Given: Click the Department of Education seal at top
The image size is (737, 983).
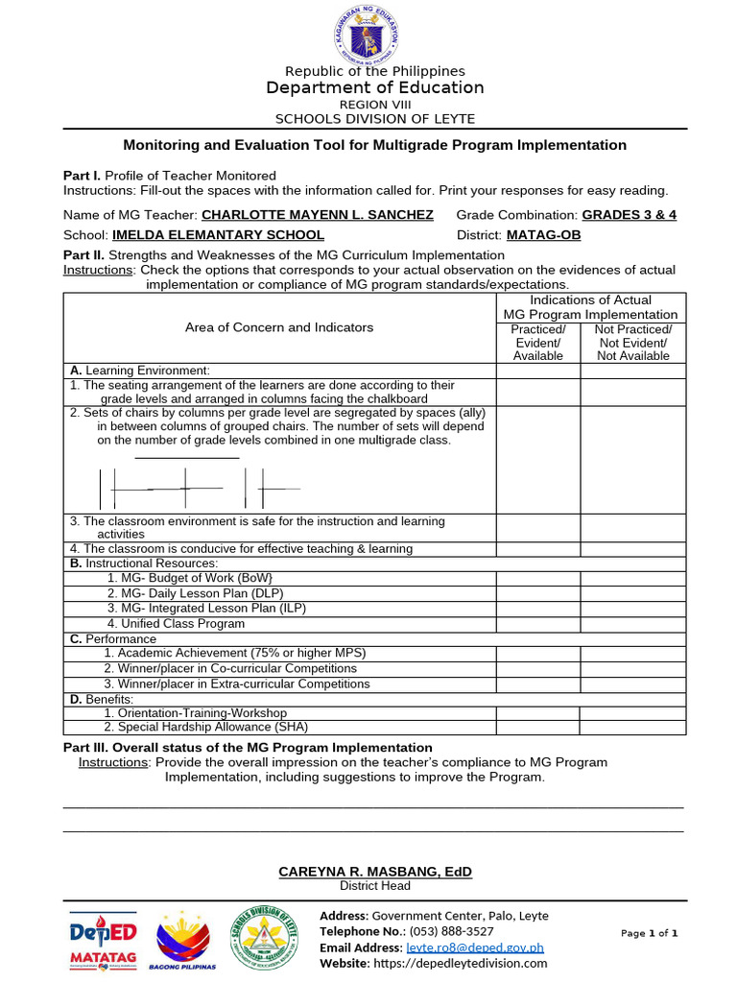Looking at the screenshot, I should pyautogui.click(x=368, y=34).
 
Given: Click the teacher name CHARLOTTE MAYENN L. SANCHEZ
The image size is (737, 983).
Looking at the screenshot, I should pyautogui.click(x=318, y=215).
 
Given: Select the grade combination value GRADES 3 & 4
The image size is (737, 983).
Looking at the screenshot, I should pyautogui.click(x=629, y=215).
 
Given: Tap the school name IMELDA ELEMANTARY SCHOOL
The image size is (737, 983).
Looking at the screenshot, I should pyautogui.click(x=218, y=235).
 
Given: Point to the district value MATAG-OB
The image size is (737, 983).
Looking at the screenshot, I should pyautogui.click(x=543, y=235).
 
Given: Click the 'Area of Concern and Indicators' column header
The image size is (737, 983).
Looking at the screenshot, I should pyautogui.click(x=279, y=327).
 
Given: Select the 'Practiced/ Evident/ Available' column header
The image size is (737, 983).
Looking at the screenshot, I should pyautogui.click(x=537, y=343).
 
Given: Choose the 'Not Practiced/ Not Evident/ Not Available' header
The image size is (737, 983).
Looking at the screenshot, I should pyautogui.click(x=633, y=343).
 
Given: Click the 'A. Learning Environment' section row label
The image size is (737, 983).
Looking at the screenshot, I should pyautogui.click(x=139, y=371).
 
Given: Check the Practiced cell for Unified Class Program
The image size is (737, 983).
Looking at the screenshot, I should pyautogui.click(x=537, y=624).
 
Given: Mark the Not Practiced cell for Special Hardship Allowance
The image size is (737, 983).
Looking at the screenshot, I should pyautogui.click(x=633, y=728).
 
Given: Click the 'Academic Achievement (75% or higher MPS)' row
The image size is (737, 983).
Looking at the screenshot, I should pyautogui.click(x=235, y=653).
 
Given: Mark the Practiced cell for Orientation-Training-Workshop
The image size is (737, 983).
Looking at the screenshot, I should pyautogui.click(x=537, y=713).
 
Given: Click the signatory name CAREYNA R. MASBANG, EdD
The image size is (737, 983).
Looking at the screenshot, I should pyautogui.click(x=375, y=872).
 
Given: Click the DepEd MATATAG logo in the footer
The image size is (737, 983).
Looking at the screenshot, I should pyautogui.click(x=104, y=939).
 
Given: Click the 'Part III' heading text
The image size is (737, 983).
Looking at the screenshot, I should pyautogui.click(x=248, y=748).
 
